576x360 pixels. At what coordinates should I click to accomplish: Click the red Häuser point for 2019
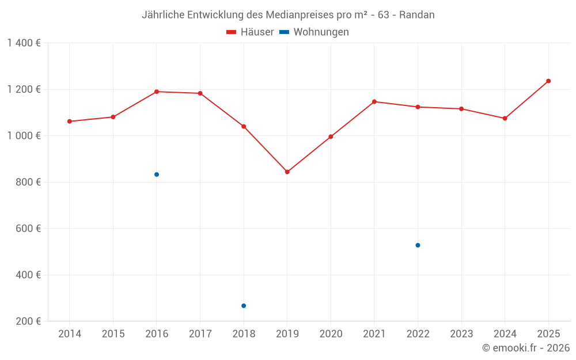click(x=287, y=172)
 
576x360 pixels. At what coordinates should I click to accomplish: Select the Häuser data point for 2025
click(x=548, y=81)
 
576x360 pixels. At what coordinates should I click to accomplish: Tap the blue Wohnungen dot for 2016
click(x=157, y=175)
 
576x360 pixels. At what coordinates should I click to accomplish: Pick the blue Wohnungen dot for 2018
click(x=244, y=306)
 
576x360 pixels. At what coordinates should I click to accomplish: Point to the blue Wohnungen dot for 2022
click(x=418, y=245)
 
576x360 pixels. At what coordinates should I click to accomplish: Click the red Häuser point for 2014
click(x=70, y=122)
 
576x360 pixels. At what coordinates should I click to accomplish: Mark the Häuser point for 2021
click(x=374, y=101)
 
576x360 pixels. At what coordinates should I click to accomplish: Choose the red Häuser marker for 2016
click(x=157, y=92)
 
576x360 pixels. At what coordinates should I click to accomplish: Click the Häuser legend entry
click(x=250, y=32)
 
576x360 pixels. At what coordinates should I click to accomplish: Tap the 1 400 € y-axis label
click(x=24, y=43)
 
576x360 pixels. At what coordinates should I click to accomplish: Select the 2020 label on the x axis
click(x=331, y=334)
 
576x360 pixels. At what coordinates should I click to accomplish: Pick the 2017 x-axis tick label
click(x=200, y=334)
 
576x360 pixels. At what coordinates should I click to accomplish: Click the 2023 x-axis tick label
click(x=461, y=334)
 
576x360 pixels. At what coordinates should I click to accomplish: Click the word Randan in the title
click(x=416, y=15)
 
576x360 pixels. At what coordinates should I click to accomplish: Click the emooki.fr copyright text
click(x=525, y=348)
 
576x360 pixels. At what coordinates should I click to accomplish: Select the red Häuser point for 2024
click(x=505, y=118)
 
